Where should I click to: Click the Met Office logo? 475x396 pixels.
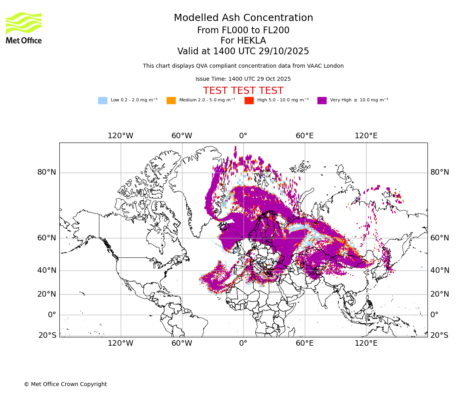click(x=24, y=28)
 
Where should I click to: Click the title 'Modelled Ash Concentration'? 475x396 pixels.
click(x=243, y=18)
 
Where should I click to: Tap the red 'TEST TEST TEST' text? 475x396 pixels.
click(x=243, y=91)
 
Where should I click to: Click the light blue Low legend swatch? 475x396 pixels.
click(x=103, y=101)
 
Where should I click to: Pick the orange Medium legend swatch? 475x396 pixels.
click(x=171, y=101)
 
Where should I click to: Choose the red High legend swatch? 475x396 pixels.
click(x=249, y=101)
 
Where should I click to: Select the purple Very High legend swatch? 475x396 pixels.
click(x=322, y=101)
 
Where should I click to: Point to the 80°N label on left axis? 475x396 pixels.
click(x=47, y=172)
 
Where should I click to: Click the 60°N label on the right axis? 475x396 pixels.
click(x=440, y=238)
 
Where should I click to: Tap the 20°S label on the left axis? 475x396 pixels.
click(x=47, y=335)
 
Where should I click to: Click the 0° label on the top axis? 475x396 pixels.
click(x=243, y=136)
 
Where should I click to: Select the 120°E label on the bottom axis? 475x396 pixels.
click(x=366, y=343)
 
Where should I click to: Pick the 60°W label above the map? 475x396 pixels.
click(x=182, y=136)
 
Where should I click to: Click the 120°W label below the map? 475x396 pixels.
click(x=120, y=343)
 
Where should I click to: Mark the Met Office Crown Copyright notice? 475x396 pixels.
click(x=65, y=384)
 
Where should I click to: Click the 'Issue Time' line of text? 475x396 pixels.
click(x=243, y=79)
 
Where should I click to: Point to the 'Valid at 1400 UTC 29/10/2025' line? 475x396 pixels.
click(x=243, y=51)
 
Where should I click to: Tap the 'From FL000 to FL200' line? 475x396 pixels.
click(x=243, y=30)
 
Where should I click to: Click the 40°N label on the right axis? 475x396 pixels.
click(x=440, y=270)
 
